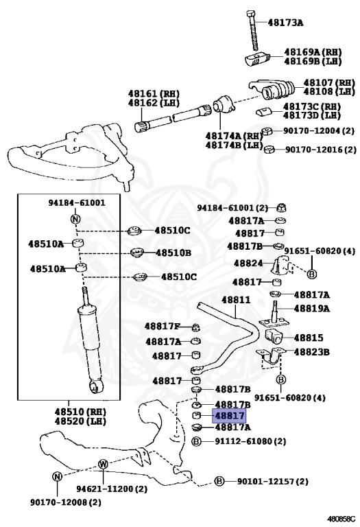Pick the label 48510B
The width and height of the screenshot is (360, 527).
point(173,253)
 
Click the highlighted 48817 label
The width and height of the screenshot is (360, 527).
point(229,415)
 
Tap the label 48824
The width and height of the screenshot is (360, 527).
point(248,263)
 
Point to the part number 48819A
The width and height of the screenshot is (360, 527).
point(311,308)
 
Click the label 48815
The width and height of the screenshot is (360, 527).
point(308,338)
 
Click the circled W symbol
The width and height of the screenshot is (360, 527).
point(102,464)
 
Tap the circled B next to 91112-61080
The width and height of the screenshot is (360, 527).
point(196,441)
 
